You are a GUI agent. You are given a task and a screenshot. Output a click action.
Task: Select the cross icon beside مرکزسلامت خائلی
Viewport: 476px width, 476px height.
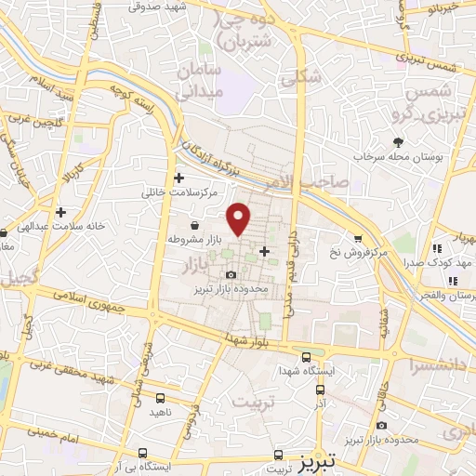[x=179, y=178]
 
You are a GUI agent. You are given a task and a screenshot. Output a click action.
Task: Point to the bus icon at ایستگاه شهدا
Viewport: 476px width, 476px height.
[x=307, y=357]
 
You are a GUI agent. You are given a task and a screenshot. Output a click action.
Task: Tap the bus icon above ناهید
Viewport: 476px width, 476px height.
[x=162, y=397]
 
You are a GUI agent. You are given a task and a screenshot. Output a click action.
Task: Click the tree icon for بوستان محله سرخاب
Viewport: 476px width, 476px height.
[x=399, y=142]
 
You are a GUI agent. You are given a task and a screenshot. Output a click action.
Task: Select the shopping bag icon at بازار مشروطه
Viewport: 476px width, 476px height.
[x=193, y=225]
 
